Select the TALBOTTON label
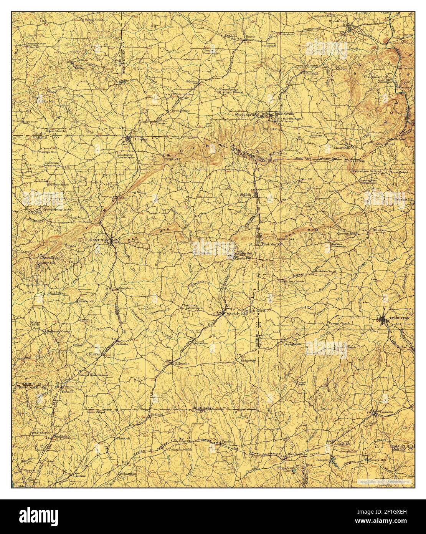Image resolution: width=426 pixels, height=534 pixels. click(x=399, y=318)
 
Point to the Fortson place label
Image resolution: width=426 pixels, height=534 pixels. click(x=68, y=391)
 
